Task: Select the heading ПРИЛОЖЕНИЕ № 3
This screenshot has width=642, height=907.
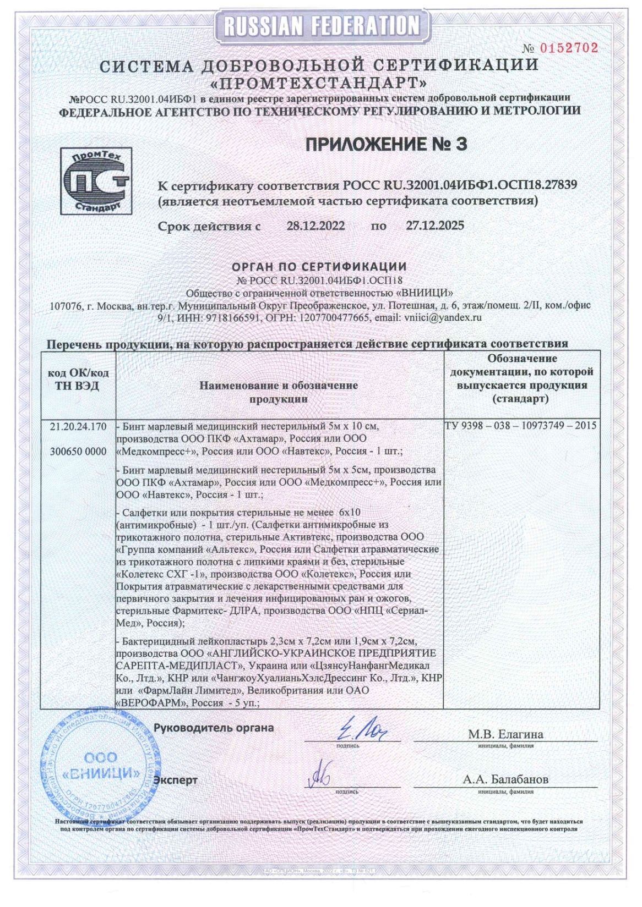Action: coord(386,144)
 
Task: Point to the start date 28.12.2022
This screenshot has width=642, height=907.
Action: coord(315,226)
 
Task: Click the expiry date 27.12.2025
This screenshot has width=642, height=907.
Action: coord(434,226)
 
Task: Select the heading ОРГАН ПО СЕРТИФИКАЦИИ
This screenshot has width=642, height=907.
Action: coord(319,267)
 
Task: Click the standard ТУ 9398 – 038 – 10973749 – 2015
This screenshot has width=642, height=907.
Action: coord(520,426)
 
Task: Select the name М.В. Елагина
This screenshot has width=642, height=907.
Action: coord(505,734)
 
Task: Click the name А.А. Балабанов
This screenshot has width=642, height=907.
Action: coord(505,779)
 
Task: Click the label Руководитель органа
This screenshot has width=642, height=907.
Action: coord(214,728)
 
